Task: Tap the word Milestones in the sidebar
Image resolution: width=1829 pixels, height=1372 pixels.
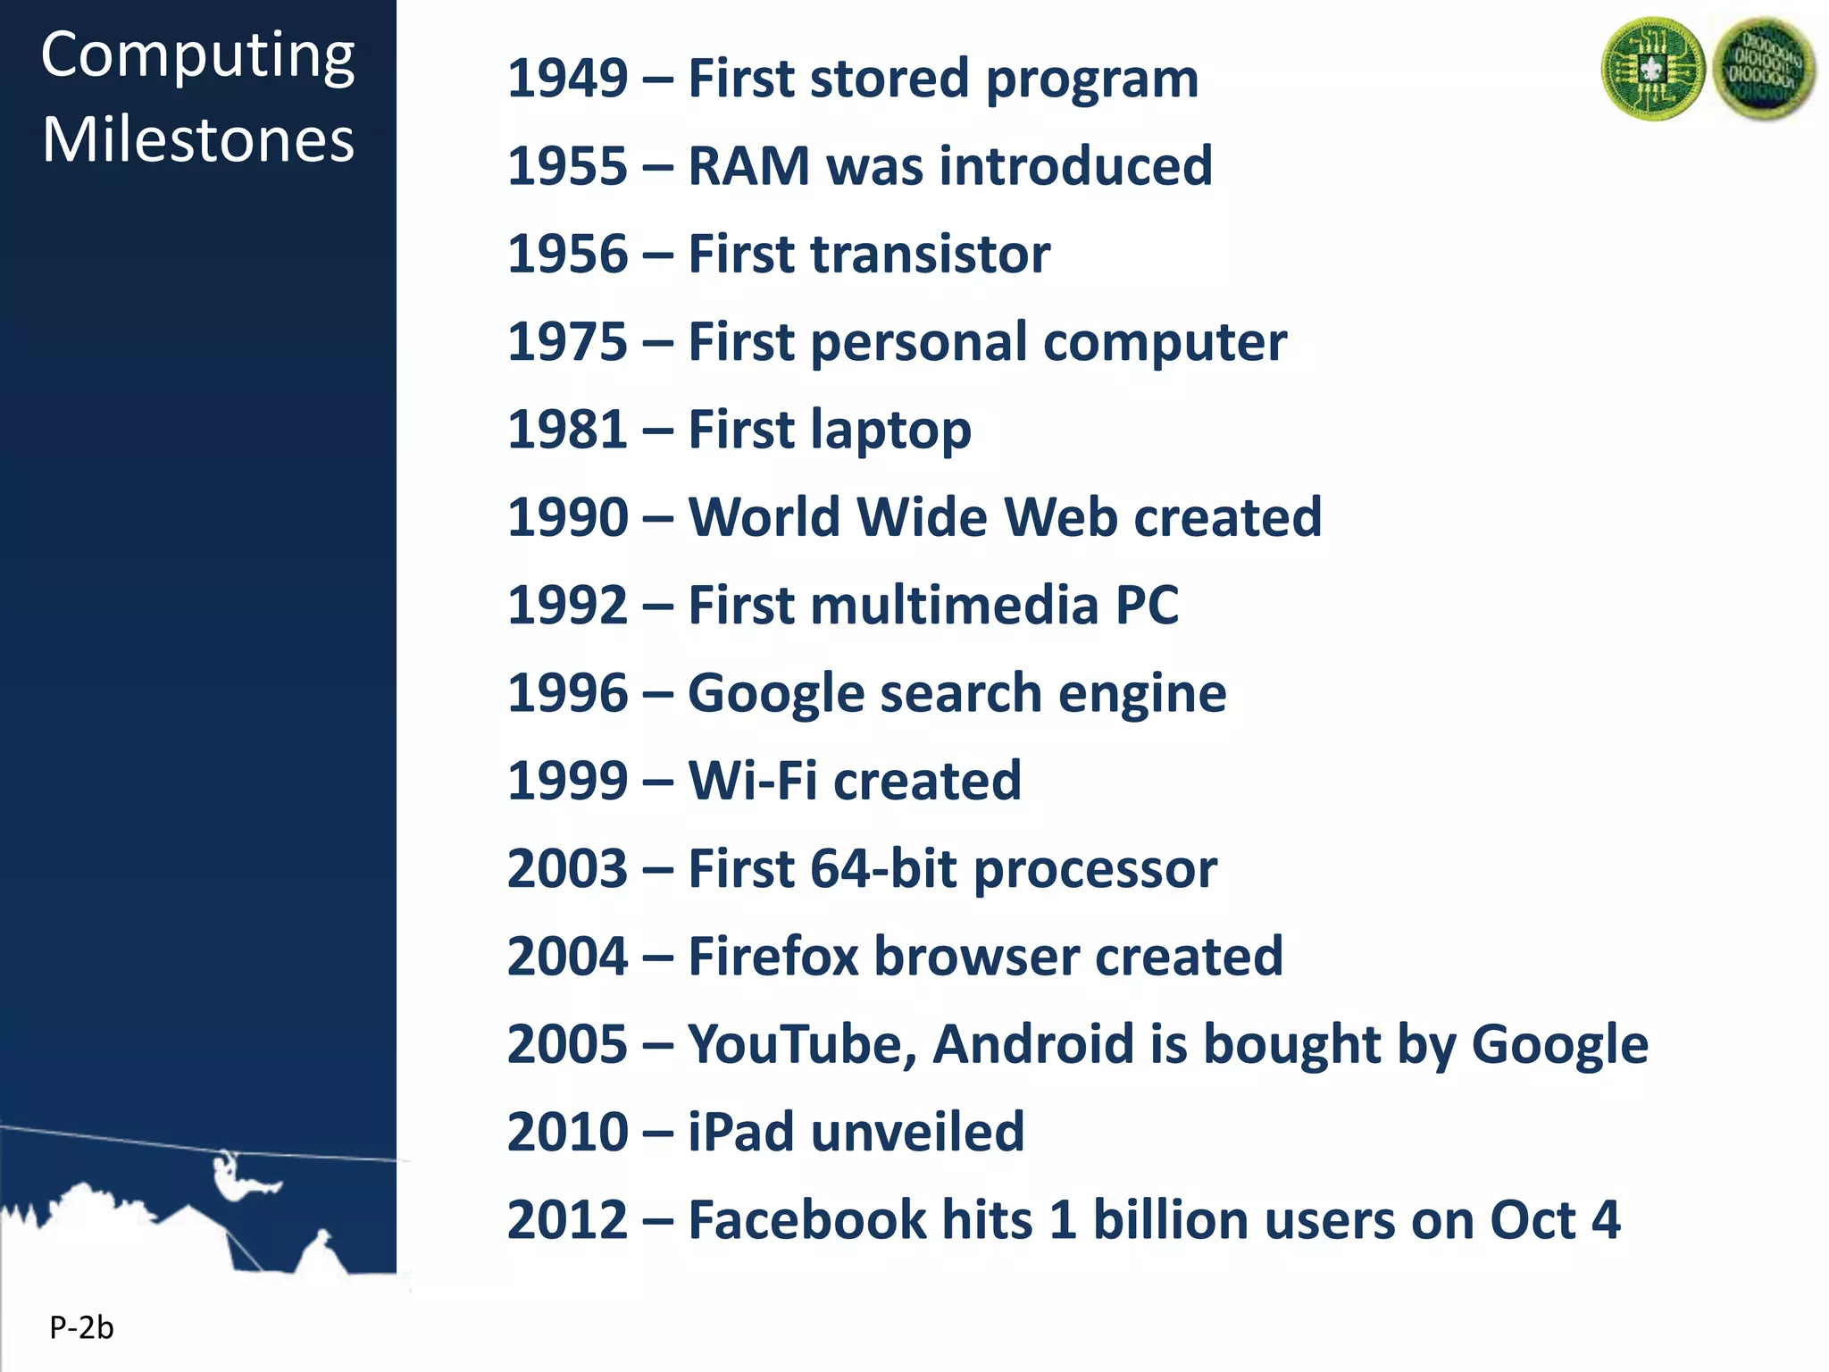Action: coord(198,140)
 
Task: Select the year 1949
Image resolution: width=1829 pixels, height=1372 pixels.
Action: coord(568,79)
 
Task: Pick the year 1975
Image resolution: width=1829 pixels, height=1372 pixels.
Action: coord(568,342)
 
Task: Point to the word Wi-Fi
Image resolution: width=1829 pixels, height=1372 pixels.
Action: coord(752,782)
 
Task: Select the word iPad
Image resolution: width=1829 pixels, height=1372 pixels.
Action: coord(740,1133)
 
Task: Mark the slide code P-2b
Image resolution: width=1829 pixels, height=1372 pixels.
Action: coord(81,1328)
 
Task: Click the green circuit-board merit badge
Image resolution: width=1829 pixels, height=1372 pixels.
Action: coord(1653,70)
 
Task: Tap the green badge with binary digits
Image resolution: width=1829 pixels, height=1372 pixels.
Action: coord(1763,70)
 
